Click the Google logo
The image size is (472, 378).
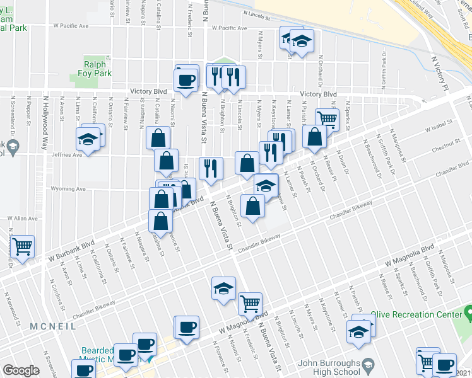(x=21, y=370)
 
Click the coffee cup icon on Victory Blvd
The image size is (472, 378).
(x=186, y=80)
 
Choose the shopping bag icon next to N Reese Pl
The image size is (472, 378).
(x=314, y=137)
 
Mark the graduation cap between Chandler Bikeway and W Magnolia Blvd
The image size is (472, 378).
(x=223, y=288)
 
